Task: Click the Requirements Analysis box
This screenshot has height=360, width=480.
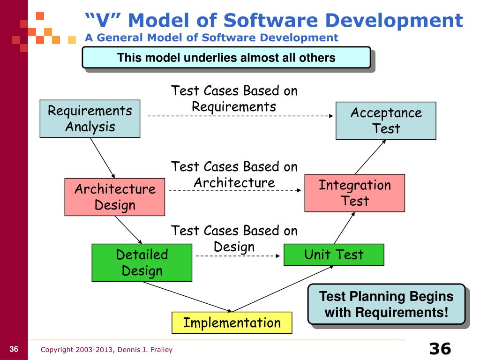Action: point(90,119)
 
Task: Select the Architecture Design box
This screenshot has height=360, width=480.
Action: point(115,197)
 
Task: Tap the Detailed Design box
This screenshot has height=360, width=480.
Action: point(142,262)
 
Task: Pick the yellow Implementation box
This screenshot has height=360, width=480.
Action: point(232,322)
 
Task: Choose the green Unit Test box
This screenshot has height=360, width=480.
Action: point(333,255)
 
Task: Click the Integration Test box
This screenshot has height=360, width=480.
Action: point(354,193)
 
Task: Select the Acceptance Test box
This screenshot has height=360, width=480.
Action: point(386,120)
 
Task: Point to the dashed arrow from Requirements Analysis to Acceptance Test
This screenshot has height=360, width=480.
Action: point(239,115)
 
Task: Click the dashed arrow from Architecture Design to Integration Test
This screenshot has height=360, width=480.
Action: point(234,190)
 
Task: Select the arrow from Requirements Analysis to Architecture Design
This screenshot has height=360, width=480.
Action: point(102,157)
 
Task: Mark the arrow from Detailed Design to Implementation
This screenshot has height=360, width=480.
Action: point(187,296)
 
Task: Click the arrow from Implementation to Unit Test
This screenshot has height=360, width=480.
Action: point(284,288)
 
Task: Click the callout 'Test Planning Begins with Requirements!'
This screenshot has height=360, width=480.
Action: point(386,304)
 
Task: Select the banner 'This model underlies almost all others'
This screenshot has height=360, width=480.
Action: point(226,58)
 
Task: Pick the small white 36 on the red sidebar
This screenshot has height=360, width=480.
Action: point(14,349)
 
